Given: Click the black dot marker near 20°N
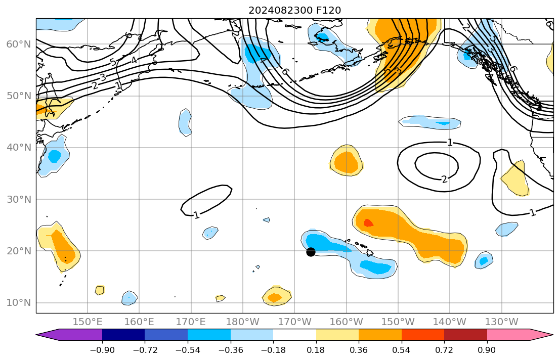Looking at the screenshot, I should point(311,252).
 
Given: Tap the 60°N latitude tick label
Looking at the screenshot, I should point(18,44).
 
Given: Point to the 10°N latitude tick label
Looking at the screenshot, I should point(18,303).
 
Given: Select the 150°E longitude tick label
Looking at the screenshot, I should point(88,322).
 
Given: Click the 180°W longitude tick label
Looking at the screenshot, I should point(243,322).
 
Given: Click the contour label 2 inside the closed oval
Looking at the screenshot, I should point(444,179).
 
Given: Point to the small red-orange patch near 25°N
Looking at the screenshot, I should point(368,222).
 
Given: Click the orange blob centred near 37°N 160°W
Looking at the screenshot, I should point(347,162).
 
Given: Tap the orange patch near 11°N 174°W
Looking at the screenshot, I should point(275,297).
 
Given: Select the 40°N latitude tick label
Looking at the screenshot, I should point(18,148).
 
